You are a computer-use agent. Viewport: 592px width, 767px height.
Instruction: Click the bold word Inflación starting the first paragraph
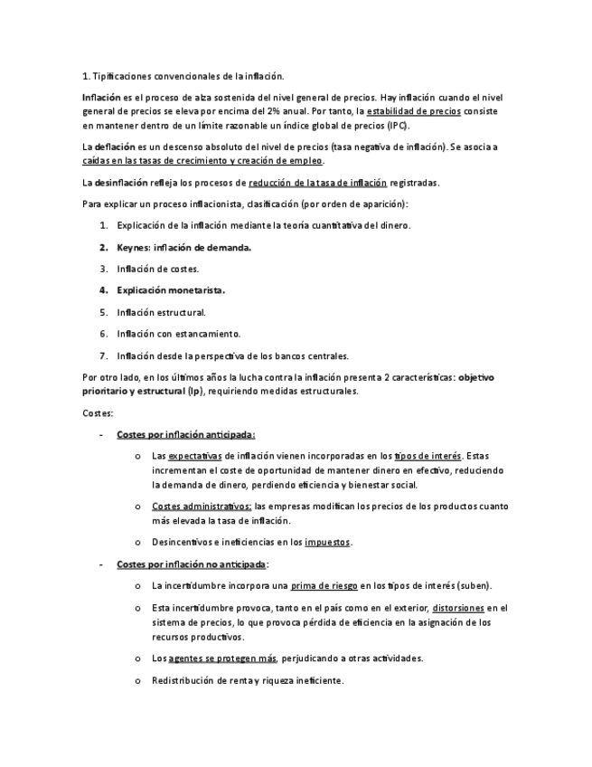(x=100, y=97)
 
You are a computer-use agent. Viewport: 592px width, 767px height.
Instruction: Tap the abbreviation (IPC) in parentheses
(x=395, y=125)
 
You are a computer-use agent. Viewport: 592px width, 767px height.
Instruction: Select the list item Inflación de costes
(x=157, y=269)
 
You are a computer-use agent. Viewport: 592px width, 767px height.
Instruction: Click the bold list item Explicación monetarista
(x=171, y=290)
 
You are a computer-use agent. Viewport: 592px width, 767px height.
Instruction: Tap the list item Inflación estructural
(x=161, y=312)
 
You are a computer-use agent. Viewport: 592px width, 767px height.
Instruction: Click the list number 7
(x=103, y=355)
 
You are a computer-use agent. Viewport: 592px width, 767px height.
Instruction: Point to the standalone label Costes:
(x=98, y=412)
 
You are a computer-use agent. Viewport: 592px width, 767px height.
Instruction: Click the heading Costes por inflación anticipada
(x=185, y=434)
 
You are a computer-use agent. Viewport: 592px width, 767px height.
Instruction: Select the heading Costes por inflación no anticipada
(x=192, y=563)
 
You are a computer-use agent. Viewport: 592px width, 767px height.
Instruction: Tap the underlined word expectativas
(x=194, y=456)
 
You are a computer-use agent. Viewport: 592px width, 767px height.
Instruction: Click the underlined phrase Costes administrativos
(x=202, y=507)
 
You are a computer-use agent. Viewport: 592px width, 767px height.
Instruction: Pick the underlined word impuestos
(x=327, y=542)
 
